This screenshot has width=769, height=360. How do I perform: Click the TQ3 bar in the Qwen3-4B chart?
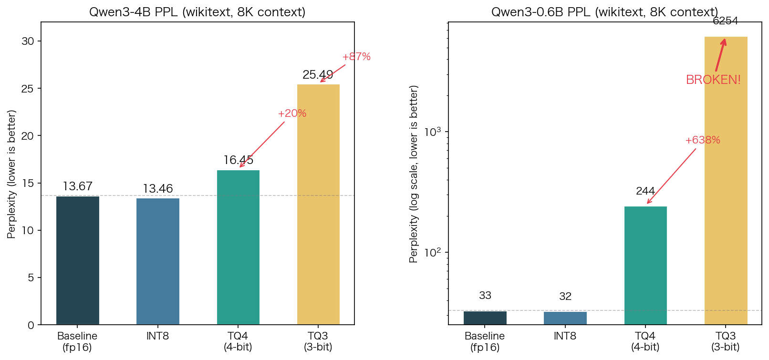[318, 205]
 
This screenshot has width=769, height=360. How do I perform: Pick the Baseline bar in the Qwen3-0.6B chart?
[485, 318]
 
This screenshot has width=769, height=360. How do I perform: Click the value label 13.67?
[78, 186]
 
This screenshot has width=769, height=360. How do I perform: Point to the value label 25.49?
[318, 75]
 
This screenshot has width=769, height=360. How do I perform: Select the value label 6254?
[725, 21]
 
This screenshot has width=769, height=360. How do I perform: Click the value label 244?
[645, 191]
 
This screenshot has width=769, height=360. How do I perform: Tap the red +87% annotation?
[356, 57]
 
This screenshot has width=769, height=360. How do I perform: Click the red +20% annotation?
[292, 113]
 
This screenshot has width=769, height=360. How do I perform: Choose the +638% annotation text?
[702, 140]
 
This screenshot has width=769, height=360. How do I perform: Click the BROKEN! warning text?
[713, 80]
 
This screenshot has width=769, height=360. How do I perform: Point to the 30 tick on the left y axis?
[28, 41]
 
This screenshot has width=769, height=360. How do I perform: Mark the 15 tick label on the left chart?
[28, 183]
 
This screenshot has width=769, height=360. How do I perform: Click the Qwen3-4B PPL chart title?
[197, 12]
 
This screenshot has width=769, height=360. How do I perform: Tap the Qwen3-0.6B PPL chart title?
[604, 12]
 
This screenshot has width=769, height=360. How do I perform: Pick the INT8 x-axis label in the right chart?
[565, 336]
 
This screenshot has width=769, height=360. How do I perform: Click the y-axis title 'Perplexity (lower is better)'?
[12, 174]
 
